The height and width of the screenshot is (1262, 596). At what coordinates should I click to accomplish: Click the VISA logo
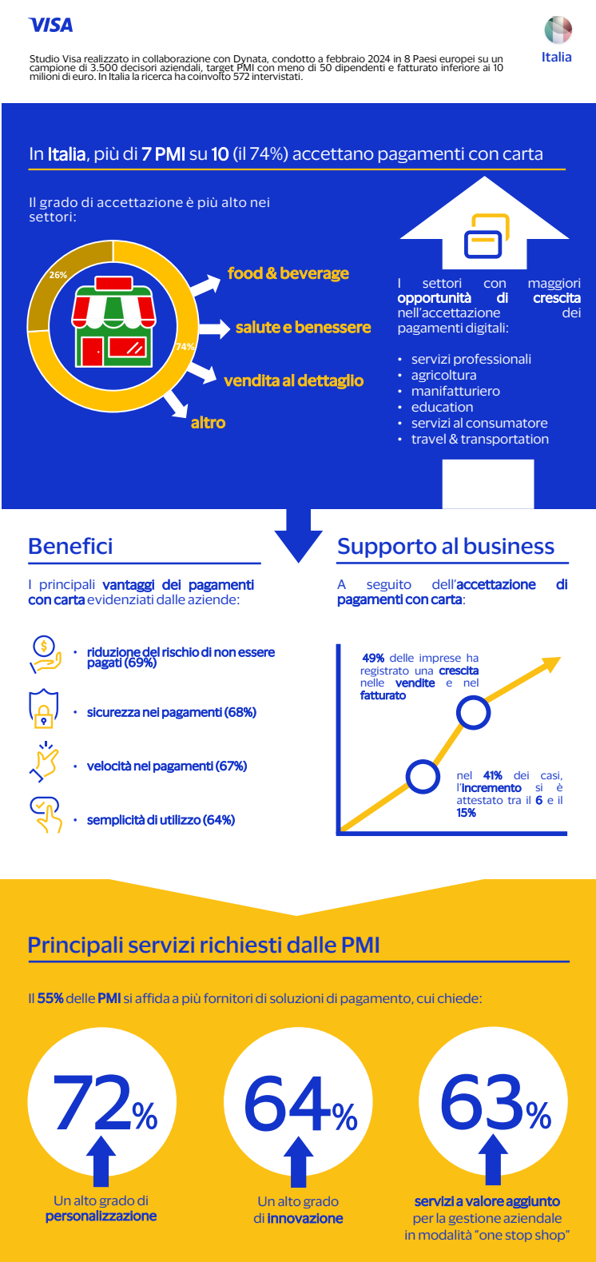click(50, 26)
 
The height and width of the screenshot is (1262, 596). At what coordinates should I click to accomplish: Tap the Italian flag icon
click(558, 30)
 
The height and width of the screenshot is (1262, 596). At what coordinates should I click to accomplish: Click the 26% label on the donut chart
click(58, 275)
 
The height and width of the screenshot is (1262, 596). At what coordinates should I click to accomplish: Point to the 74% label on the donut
click(185, 347)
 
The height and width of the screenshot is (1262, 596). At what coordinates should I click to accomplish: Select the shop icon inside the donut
click(113, 320)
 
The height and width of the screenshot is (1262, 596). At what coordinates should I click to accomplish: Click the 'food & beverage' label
click(288, 273)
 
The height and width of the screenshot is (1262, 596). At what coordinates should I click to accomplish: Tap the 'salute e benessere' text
click(303, 328)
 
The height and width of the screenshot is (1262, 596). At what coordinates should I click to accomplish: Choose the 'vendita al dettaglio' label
click(293, 381)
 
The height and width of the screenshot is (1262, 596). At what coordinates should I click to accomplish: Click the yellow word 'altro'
click(208, 423)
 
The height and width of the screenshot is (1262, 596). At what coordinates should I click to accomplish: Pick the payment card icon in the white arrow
click(484, 236)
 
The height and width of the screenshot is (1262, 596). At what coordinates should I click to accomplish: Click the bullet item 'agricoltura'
click(443, 376)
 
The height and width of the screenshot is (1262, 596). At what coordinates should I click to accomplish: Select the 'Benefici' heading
click(70, 547)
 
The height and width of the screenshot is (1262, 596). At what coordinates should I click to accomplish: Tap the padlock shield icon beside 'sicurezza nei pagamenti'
click(44, 710)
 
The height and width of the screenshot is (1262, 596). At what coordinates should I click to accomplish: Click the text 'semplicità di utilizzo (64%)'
click(161, 820)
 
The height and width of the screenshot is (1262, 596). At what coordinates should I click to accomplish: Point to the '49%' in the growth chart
click(373, 658)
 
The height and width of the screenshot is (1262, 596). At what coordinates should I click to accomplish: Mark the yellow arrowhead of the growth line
click(550, 663)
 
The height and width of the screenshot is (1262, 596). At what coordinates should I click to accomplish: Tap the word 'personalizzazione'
click(101, 1216)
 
